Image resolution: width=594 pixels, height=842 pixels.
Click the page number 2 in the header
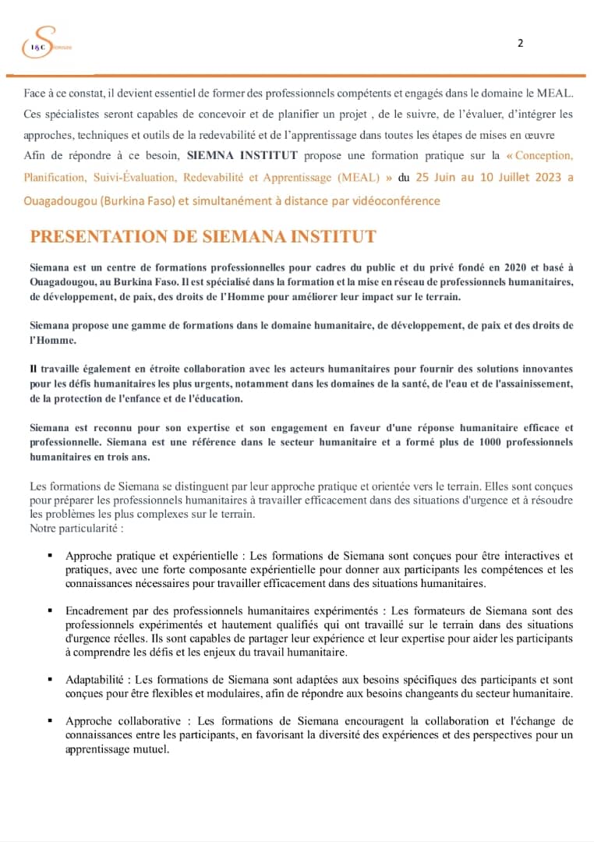[x=520, y=44]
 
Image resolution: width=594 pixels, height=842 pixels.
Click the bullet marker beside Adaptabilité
[x=50, y=679]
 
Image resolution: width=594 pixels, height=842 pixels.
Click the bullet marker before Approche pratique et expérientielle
[x=50, y=556]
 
